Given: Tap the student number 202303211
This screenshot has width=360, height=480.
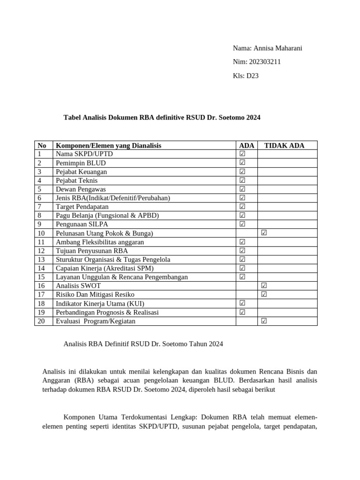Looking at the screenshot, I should pos(266,62).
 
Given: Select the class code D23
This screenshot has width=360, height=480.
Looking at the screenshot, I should pos(252,75).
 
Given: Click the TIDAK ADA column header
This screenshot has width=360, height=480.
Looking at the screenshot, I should pos(284,145).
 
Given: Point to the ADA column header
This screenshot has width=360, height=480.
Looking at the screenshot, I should pos(247,145).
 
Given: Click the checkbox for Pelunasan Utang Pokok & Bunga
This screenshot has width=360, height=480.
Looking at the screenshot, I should pos(264,233).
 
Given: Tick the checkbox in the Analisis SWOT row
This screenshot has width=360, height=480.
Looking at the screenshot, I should pos(264,285).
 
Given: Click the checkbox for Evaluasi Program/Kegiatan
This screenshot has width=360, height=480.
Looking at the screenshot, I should pos(264,321).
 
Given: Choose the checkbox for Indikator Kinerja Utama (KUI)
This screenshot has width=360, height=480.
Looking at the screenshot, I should pos(242,303).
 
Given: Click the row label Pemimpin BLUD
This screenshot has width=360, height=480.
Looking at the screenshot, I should pos(81,163).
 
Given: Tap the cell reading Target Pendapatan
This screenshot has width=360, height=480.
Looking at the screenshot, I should pos(82,207).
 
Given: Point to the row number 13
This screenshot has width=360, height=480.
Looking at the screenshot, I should pos(41,259).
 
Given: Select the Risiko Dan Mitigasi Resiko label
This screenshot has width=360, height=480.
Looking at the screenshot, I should pos(95,294).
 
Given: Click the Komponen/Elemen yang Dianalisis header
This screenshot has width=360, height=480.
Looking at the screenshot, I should pos(108,145).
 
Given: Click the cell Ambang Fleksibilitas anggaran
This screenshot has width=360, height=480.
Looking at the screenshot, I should pos(100,242).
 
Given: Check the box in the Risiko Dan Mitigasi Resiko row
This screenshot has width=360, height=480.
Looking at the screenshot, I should pos(264,294).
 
